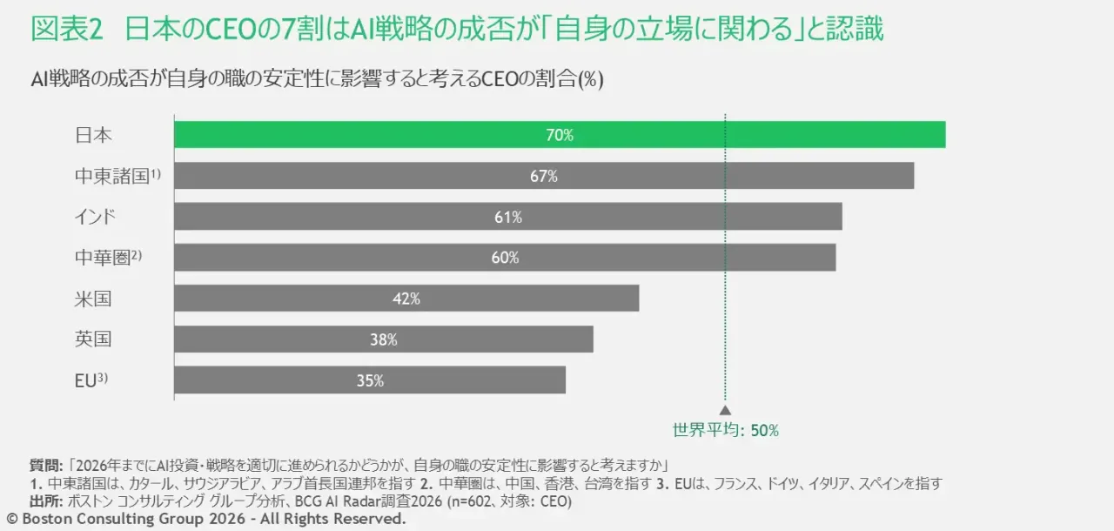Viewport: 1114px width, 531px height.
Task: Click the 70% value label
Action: pyautogui.click(x=560, y=135)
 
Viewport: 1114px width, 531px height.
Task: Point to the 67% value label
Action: pyautogui.click(x=543, y=176)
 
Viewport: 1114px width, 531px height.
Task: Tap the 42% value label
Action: pyautogui.click(x=406, y=299)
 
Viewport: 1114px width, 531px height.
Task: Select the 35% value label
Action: pyautogui.click(x=370, y=380)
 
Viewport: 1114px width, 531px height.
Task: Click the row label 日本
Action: pyautogui.click(x=93, y=135)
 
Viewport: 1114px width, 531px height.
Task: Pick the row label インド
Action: pyautogui.click(x=95, y=217)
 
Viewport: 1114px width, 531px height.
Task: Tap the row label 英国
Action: pyautogui.click(x=93, y=339)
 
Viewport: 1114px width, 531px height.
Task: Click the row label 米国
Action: pyautogui.click(x=93, y=299)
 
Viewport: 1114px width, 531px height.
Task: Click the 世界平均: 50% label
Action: pyautogui.click(x=725, y=430)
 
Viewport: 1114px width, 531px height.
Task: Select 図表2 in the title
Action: pyautogui.click(x=67, y=30)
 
